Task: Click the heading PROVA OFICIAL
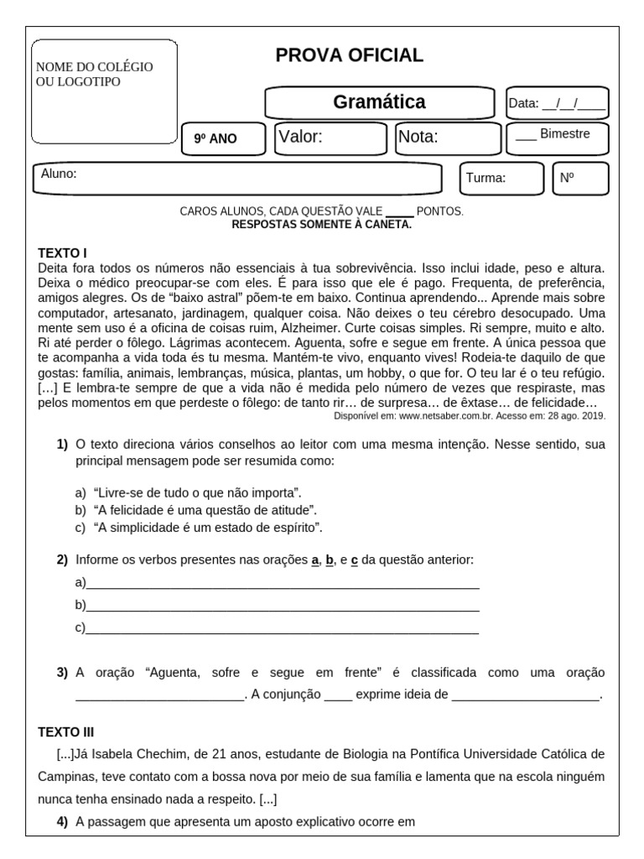[x=350, y=56]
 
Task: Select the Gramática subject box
[x=379, y=102]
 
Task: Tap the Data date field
[x=558, y=103]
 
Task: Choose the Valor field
[x=331, y=138]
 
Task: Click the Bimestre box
[x=557, y=138]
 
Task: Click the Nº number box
[x=580, y=178]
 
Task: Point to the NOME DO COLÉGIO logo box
[x=104, y=91]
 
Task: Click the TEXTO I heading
[x=63, y=252]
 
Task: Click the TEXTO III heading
[x=66, y=731]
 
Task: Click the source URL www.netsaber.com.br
[x=444, y=415]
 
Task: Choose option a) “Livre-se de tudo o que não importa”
[x=197, y=492]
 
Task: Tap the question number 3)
[x=62, y=673]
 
